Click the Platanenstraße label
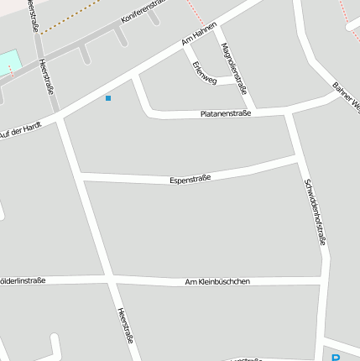tap(226, 113)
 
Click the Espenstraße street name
tap(190, 178)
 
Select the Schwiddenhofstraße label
tap(314, 211)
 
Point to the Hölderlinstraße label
tap(23, 280)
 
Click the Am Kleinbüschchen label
tap(217, 281)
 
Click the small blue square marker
tap(108, 99)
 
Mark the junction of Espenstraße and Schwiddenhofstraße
tap(299, 157)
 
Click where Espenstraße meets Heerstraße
tap(81, 176)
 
